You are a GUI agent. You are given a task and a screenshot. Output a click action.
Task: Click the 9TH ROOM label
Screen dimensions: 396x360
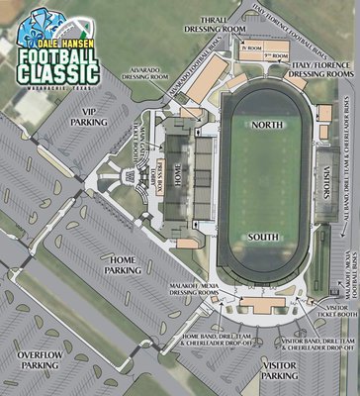pyautogui.click(x=277, y=55)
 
